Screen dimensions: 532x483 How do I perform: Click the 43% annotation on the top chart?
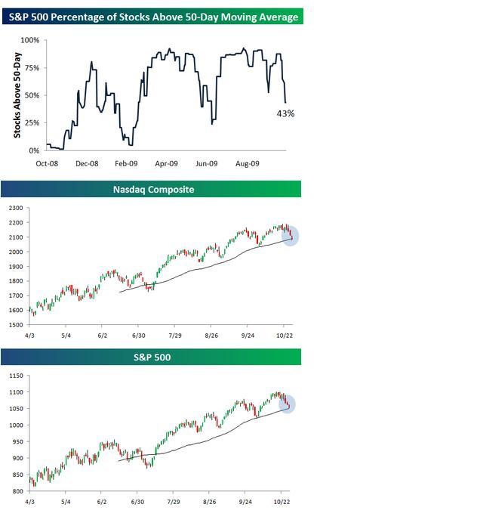[x=284, y=113]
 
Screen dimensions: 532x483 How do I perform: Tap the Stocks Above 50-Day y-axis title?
[x=18, y=94]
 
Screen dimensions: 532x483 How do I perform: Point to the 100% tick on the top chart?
[x=30, y=40]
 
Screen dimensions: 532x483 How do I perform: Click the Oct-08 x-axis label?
[x=47, y=162]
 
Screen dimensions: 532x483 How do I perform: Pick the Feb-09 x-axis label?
[x=126, y=162]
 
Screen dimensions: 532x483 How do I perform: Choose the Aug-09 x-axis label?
[x=247, y=162]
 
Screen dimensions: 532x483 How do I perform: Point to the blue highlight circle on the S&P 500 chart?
[x=288, y=404]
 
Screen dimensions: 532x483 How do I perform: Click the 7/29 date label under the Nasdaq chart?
[x=174, y=333]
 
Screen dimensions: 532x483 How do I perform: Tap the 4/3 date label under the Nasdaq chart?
[x=30, y=333]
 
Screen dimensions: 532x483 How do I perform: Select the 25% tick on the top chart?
[x=32, y=122]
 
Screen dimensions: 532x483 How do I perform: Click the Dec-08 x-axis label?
[x=88, y=162]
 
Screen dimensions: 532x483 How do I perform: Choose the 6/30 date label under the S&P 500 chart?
[x=138, y=500]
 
